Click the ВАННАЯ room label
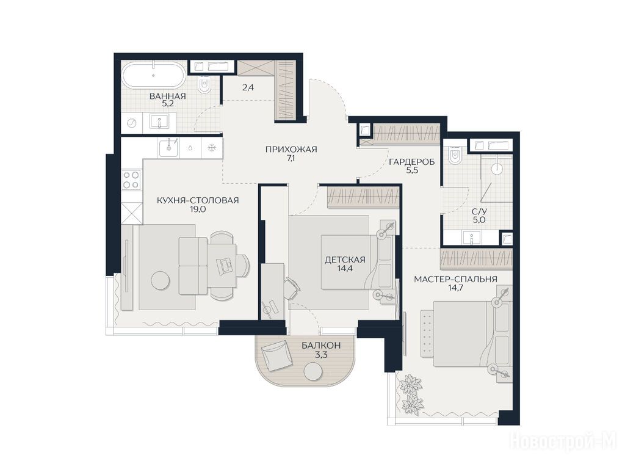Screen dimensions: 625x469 tap(167, 96)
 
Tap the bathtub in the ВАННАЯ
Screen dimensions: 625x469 tap(153, 75)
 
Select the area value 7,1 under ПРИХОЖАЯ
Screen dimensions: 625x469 tap(291, 158)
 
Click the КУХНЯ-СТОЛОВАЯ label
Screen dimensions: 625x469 tap(198, 200)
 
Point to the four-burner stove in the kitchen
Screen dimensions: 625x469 tap(131, 180)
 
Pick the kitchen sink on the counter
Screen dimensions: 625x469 tap(170, 148)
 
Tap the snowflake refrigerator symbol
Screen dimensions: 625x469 tap(212, 148)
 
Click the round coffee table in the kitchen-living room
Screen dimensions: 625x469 tap(161, 280)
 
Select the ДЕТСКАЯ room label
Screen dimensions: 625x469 tap(345, 260)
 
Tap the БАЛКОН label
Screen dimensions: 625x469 tap(321, 346)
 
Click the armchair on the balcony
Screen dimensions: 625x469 tap(276, 354)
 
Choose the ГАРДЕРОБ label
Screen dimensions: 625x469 tap(411, 162)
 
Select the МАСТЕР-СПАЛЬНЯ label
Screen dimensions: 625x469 tap(455, 279)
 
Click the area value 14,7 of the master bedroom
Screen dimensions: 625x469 tap(455, 288)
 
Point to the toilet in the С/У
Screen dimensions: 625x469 tap(454, 156)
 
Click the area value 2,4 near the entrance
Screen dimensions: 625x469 tap(248, 87)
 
